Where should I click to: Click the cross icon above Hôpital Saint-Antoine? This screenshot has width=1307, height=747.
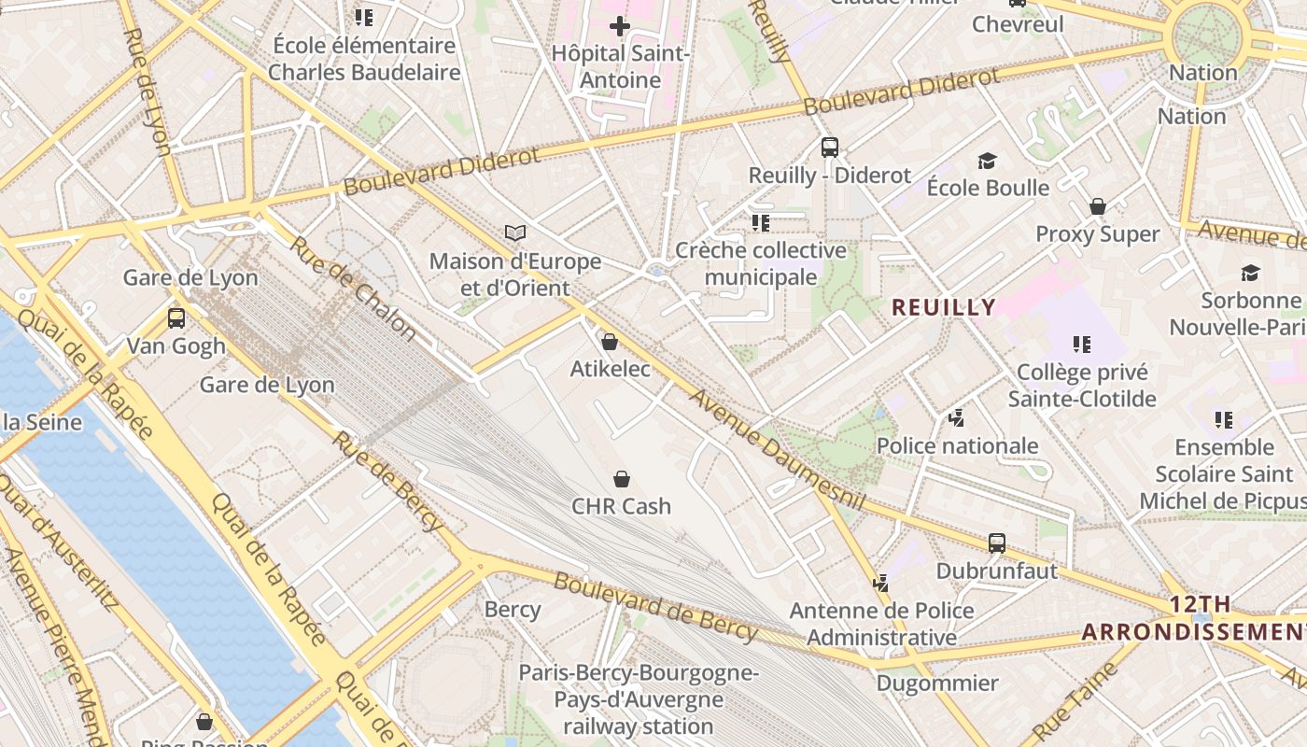tap(619, 25)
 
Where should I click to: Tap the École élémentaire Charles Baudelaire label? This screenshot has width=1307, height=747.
tap(364, 59)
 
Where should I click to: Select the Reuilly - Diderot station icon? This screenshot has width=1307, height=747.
tap(829, 147)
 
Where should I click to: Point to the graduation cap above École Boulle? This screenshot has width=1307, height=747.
tap(987, 161)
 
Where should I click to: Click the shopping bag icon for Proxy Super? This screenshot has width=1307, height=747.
tap(1098, 206)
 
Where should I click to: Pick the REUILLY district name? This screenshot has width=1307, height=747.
tap(944, 307)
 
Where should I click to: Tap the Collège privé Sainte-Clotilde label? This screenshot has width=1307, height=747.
tap(1082, 386)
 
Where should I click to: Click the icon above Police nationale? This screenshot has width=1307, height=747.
tap(956, 418)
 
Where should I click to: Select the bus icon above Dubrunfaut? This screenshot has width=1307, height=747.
tap(996, 543)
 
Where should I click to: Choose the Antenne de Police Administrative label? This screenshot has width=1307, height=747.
tap(881, 624)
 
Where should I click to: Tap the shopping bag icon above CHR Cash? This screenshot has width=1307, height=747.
tap(621, 479)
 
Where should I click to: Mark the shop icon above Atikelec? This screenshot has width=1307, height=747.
tap(610, 342)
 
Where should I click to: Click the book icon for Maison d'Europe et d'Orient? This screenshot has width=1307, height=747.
tap(515, 233)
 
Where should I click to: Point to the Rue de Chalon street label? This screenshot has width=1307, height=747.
tap(353, 288)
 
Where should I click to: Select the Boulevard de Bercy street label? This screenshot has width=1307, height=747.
tap(655, 607)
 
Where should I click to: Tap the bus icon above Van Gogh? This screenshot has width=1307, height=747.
tap(176, 318)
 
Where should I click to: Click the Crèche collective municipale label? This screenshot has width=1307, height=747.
tap(761, 263)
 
